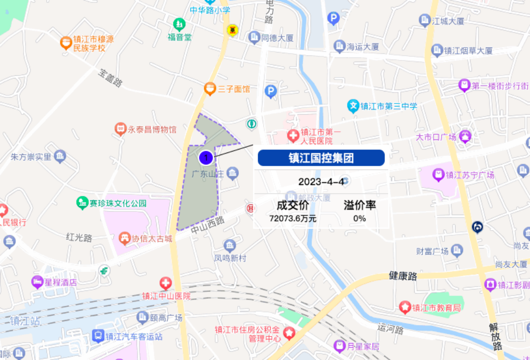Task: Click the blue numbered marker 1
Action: (x=206, y=157)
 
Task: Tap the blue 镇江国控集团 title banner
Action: (x=321, y=158)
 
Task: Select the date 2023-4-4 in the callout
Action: (x=321, y=181)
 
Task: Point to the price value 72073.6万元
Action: (x=293, y=218)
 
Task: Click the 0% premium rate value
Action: (x=360, y=218)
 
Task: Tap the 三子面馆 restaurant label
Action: (x=234, y=89)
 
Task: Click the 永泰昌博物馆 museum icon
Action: (x=120, y=129)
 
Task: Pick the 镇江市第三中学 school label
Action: (x=389, y=106)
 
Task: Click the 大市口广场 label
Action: (x=437, y=137)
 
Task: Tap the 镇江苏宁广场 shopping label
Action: (x=470, y=175)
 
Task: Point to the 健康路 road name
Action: (x=403, y=275)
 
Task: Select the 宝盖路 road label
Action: (x=110, y=78)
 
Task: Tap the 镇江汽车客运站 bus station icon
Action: (x=98, y=336)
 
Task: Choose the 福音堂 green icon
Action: (x=179, y=23)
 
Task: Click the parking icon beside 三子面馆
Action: (x=270, y=91)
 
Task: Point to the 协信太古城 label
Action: (x=152, y=238)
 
